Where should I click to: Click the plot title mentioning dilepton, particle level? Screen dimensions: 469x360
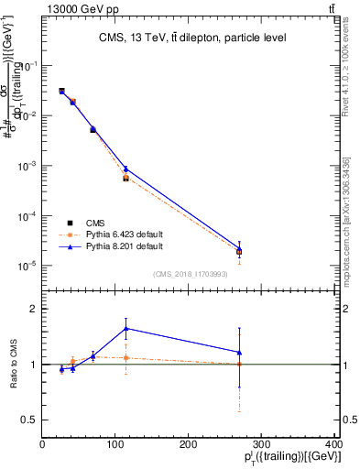192,38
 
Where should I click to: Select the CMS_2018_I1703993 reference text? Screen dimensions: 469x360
191,273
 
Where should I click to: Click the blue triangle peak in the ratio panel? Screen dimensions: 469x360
125,328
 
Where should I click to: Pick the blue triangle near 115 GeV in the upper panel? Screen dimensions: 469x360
125,169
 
